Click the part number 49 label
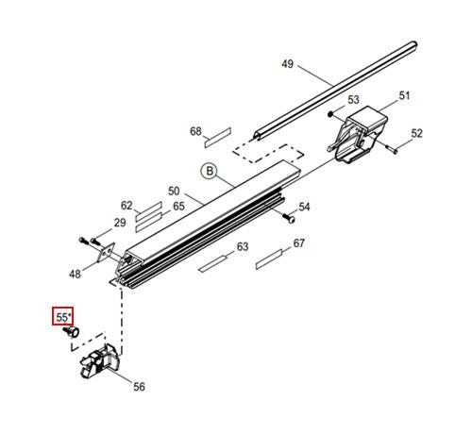click(x=287, y=64)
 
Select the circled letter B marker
click(x=210, y=171)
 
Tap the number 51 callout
click(x=404, y=96)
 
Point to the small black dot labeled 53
click(x=330, y=114)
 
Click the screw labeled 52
click(x=391, y=149)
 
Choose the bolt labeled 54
click(x=288, y=218)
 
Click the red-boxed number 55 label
click(x=62, y=317)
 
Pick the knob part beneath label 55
click(x=72, y=331)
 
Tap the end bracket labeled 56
click(x=100, y=361)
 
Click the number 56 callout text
click(x=139, y=387)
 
